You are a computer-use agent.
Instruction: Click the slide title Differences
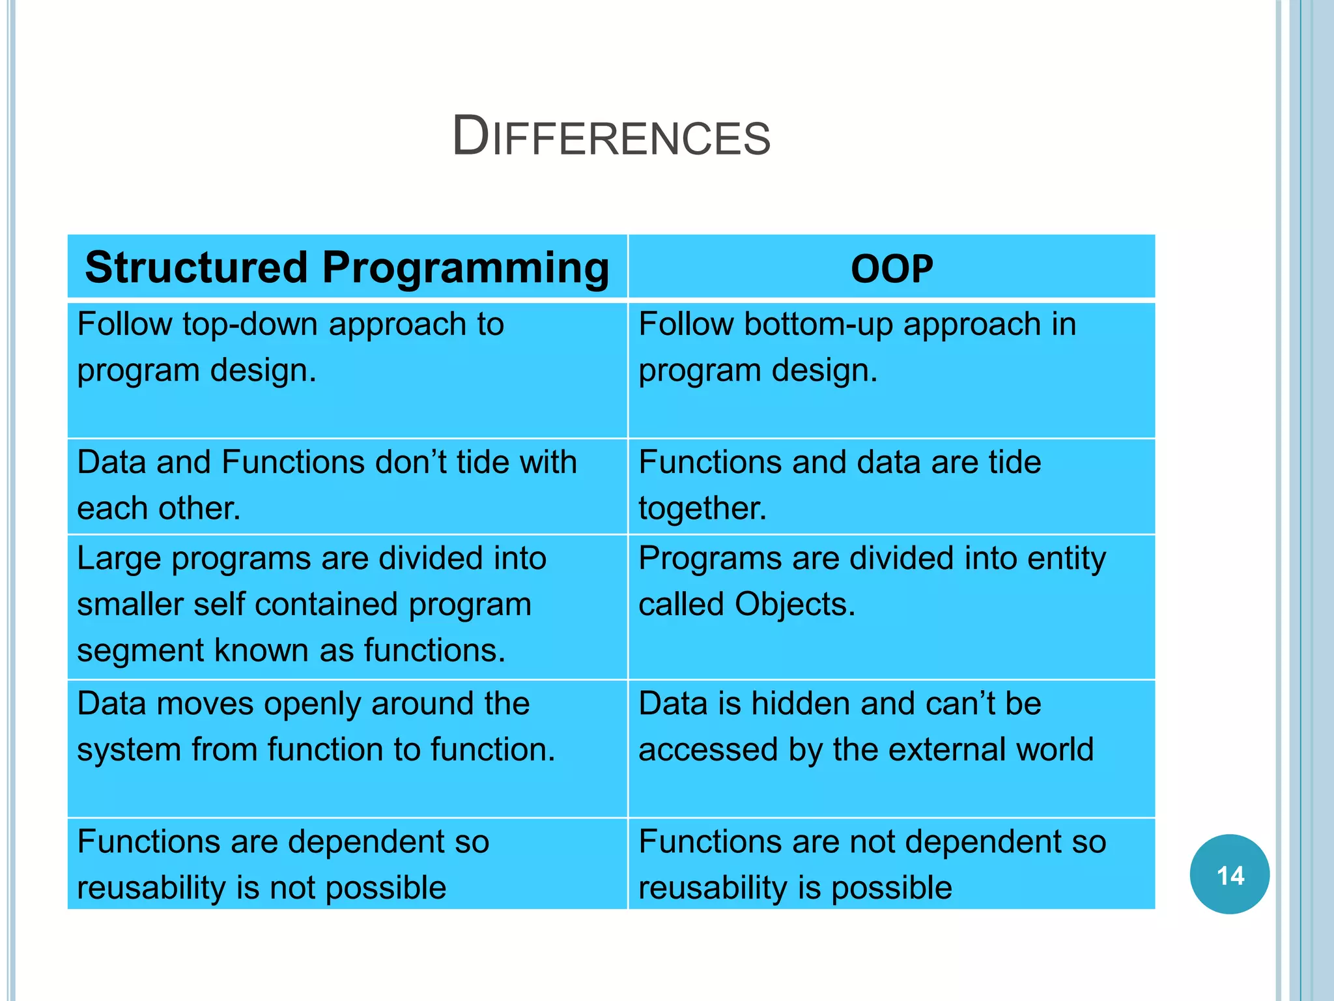point(611,136)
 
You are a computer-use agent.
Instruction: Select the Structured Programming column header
point(347,267)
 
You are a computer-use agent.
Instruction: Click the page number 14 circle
point(1229,875)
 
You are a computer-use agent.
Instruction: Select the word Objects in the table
point(794,604)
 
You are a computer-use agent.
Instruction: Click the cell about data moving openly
point(347,748)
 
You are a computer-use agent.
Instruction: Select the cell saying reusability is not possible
point(347,864)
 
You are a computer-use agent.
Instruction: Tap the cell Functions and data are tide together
point(892,486)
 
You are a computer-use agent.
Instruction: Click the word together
point(702,509)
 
